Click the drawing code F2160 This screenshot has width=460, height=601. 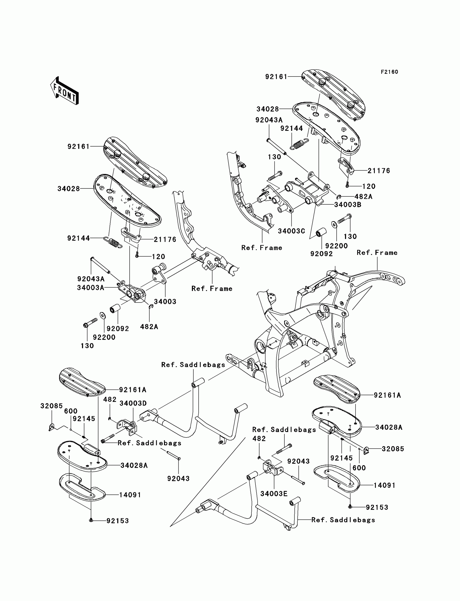pyautogui.click(x=389, y=72)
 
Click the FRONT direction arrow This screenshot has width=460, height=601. pyautogui.click(x=65, y=91)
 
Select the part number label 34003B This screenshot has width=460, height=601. pyautogui.click(x=347, y=205)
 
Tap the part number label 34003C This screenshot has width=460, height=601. pyautogui.click(x=291, y=231)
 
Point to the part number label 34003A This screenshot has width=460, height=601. pyautogui.click(x=90, y=287)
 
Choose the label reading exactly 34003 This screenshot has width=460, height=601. pyautogui.click(x=165, y=301)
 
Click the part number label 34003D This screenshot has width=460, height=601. pyautogui.click(x=133, y=403)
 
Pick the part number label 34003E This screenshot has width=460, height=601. pyautogui.click(x=274, y=494)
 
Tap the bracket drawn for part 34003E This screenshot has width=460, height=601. pyautogui.click(x=271, y=468)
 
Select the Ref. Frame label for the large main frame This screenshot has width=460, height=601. pyautogui.click(x=377, y=253)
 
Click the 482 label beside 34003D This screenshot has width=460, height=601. pyautogui.click(x=110, y=399)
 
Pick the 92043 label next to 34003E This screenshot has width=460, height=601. pyautogui.click(x=298, y=461)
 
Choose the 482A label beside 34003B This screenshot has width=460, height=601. pyautogui.click(x=363, y=196)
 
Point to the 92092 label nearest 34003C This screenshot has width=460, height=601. pyautogui.click(x=321, y=254)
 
